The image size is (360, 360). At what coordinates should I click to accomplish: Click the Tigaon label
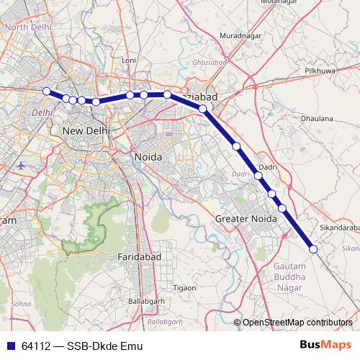[184, 287]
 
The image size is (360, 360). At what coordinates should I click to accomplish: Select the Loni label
[129, 60]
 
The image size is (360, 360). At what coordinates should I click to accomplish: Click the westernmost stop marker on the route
[47, 91]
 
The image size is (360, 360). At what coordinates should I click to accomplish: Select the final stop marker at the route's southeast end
[313, 249]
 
